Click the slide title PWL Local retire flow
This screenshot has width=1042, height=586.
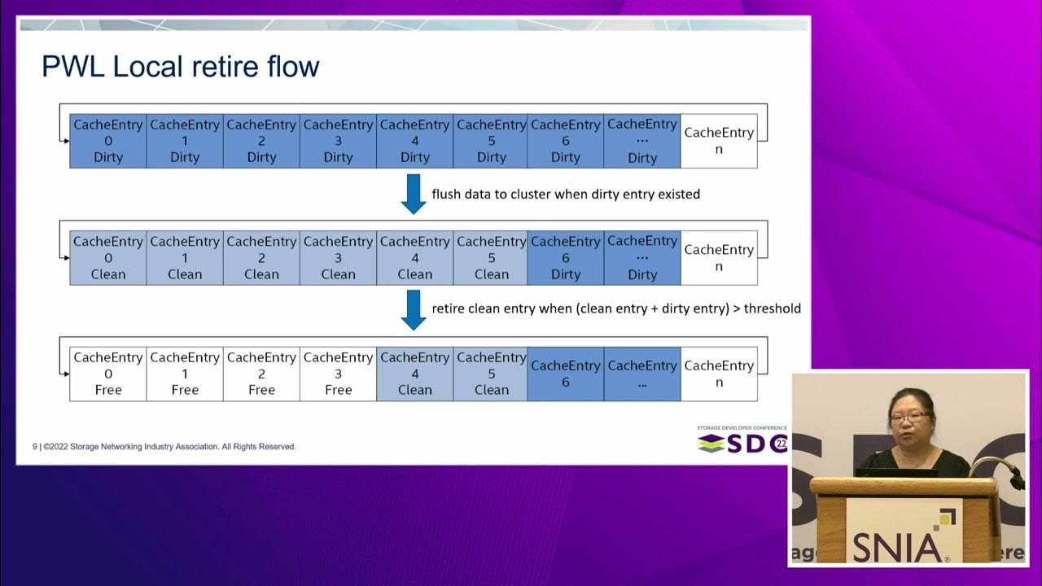point(180,66)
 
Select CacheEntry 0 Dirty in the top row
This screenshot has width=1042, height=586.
point(108,141)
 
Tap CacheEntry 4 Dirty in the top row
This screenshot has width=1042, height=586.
point(414,141)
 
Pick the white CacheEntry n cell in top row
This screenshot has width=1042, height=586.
point(719,141)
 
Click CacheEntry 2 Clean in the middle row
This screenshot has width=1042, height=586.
point(261,257)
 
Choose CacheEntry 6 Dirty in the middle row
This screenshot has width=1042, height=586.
point(566,257)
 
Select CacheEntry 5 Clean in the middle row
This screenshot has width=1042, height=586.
point(491,257)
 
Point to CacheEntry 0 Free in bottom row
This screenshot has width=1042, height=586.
point(108,374)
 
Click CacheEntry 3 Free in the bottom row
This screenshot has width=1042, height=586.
point(338,374)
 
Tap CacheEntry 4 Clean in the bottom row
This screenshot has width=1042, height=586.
point(414,374)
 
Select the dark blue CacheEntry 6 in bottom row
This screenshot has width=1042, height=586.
point(566,374)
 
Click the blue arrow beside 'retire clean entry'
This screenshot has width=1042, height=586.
point(414,310)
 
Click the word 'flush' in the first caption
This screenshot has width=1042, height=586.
point(446,195)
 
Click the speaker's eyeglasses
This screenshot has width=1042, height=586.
point(908,418)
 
